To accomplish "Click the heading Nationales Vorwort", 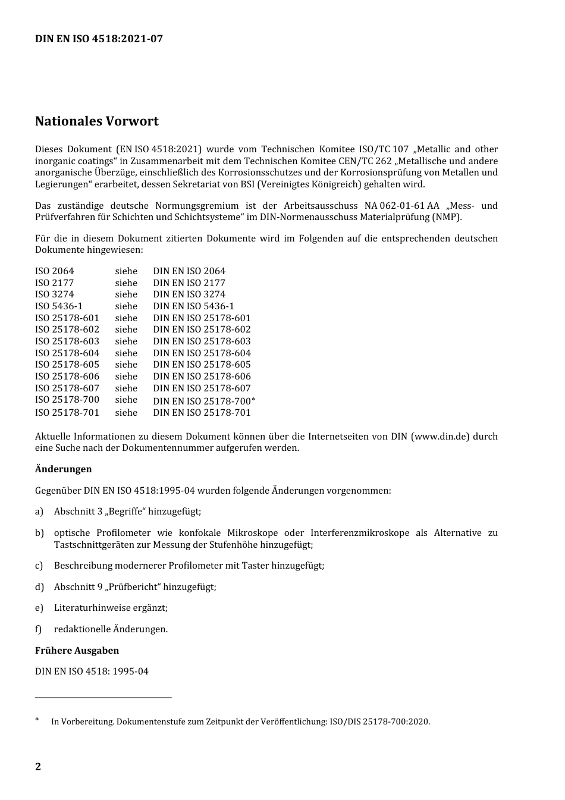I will click(97, 121).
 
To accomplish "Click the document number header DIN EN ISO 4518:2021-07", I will click(99, 39).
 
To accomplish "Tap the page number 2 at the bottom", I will click(38, 766).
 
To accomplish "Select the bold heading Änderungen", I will click(64, 469).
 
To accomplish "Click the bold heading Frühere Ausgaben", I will click(77, 651).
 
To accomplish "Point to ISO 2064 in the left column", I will click(55, 271).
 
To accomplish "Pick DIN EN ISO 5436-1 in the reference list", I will click(194, 306).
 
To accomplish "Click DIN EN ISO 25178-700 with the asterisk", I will click(204, 401).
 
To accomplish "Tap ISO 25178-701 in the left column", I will click(67, 413).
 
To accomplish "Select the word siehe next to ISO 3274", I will click(126, 294).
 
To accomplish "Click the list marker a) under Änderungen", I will click(39, 512).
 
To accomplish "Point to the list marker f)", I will click(39, 629).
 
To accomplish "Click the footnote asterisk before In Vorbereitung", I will click(37, 720).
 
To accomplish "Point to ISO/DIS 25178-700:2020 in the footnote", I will click(379, 722).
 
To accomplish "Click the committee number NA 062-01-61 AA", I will click(402, 206).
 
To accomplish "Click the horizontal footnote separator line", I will click(103, 697).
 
